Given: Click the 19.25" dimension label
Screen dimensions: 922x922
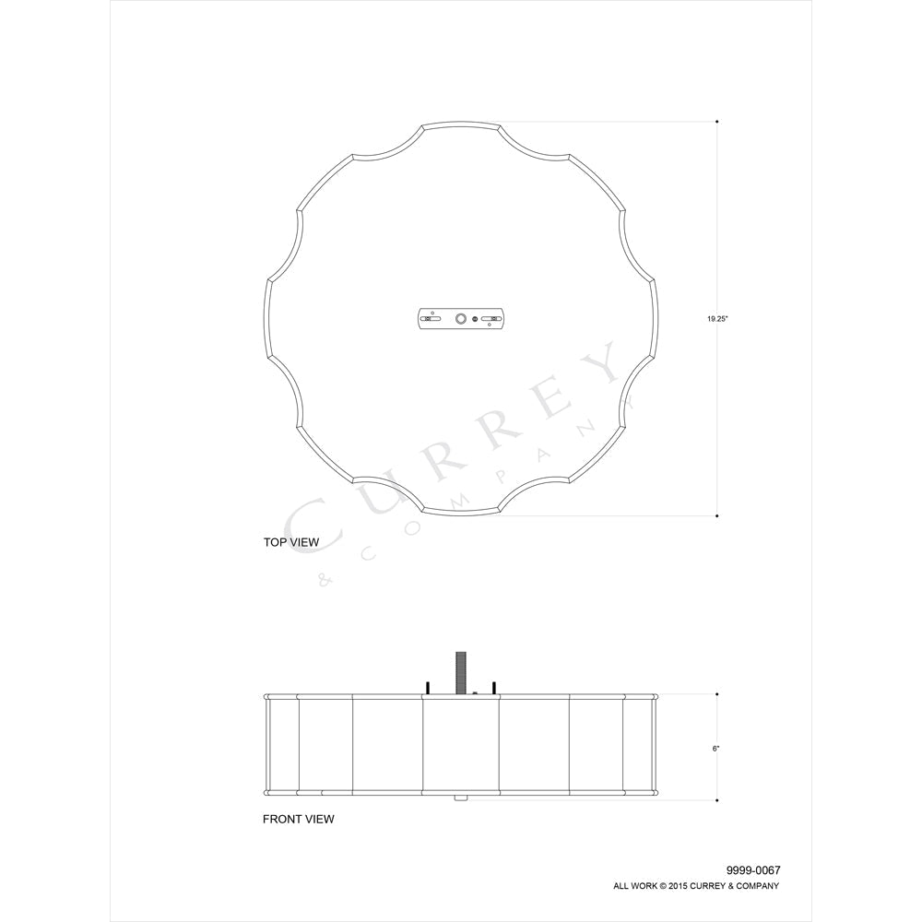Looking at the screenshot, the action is tap(717, 319).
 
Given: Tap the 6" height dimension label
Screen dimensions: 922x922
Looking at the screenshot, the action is tap(715, 749).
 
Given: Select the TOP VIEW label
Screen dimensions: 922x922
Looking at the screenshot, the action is tap(291, 542).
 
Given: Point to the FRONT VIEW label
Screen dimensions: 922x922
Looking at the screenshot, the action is tap(298, 819).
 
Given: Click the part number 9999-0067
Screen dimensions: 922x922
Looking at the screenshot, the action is tap(753, 870).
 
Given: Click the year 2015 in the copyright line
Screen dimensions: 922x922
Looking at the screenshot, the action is tap(678, 886).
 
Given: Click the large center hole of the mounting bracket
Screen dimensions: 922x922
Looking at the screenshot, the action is tap(460, 319).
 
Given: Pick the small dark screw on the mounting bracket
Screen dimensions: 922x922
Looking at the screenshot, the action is tap(475, 319).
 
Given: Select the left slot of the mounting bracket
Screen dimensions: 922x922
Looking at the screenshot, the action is tap(432, 319).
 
